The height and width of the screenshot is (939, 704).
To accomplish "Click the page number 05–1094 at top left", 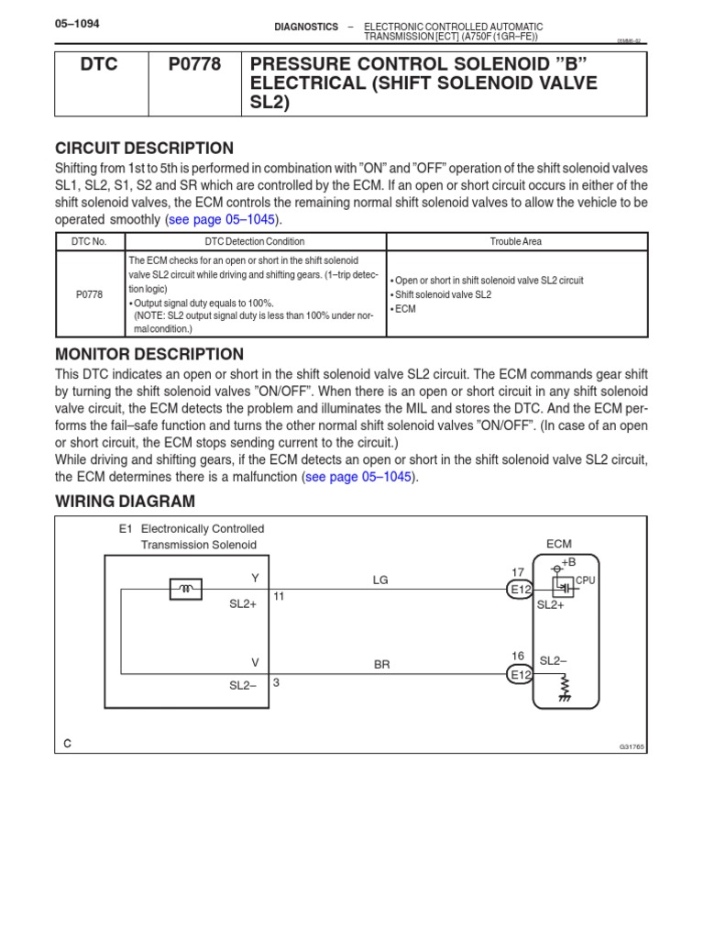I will (x=77, y=26).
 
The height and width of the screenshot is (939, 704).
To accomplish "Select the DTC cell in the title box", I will (x=99, y=65).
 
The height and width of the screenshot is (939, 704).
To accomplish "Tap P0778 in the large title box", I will (x=194, y=65).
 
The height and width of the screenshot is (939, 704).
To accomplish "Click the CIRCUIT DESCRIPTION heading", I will (x=144, y=149).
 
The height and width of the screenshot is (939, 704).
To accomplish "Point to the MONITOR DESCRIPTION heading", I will (x=149, y=354).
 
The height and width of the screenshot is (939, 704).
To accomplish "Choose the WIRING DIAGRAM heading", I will (x=125, y=501).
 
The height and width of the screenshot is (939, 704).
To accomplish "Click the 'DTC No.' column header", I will (x=90, y=242).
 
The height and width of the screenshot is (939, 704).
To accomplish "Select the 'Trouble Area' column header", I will (x=516, y=242).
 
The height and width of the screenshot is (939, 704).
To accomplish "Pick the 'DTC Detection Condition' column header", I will (x=256, y=242).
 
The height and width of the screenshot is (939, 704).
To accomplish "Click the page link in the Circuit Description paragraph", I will (x=224, y=220).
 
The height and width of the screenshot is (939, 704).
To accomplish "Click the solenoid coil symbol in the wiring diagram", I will (x=186, y=589).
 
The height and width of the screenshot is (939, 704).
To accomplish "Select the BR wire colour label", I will (x=382, y=665).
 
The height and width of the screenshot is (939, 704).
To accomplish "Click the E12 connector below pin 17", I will (x=520, y=590).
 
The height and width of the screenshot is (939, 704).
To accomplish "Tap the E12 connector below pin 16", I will (x=520, y=674).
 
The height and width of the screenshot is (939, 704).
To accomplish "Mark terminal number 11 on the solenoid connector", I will (x=279, y=596).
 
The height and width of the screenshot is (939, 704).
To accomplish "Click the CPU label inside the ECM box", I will (x=585, y=580).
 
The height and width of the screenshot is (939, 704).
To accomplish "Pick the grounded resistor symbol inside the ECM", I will (x=565, y=688).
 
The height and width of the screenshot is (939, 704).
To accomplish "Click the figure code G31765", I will (x=632, y=747).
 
